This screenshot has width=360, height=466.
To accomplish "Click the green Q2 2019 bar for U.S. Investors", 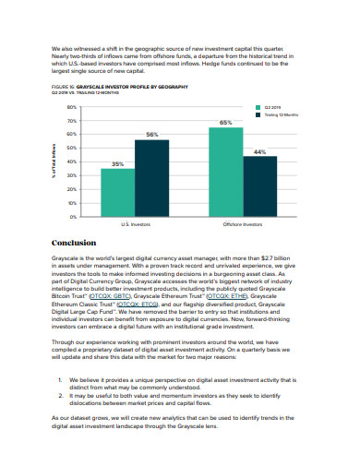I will tap(117, 191).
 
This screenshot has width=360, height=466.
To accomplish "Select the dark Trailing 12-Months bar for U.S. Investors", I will tap(151, 177).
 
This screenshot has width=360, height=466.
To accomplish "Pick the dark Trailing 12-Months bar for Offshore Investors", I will tap(259, 185).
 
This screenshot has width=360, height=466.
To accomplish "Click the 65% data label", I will tap(225, 123).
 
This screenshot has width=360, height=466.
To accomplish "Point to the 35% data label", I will tap(117, 163).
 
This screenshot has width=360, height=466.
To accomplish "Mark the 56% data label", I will tap(151, 135).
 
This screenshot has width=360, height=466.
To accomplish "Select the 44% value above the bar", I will tap(259, 150).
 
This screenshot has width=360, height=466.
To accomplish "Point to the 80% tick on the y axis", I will tap(73, 108).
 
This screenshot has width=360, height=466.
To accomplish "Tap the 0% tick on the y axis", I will tap(74, 216).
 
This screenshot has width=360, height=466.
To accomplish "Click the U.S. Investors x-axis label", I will tap(135, 224).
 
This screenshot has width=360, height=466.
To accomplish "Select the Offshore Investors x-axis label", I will tap(242, 224).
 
